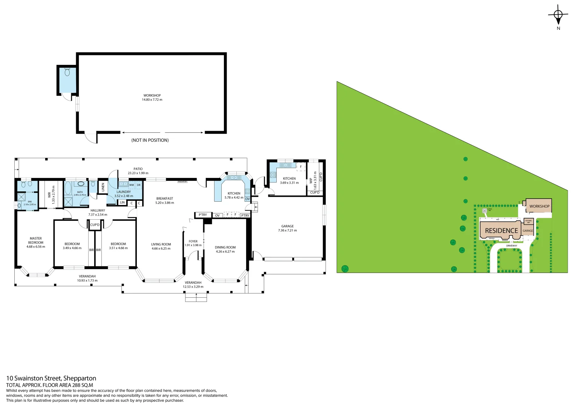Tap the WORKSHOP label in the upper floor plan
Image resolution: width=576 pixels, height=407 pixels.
pyautogui.click(x=152, y=96)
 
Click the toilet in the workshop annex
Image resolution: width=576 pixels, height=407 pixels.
pyautogui.click(x=67, y=72)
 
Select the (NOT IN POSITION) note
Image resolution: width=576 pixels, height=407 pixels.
pyautogui.click(x=150, y=140)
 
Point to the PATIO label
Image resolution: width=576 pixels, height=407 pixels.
pyautogui.click(x=138, y=169)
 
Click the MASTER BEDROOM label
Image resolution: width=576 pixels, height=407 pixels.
pyautogui.click(x=36, y=240)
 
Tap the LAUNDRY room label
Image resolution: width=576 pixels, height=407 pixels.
pyautogui.click(x=124, y=192)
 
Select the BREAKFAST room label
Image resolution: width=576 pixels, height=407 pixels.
pyautogui.click(x=165, y=199)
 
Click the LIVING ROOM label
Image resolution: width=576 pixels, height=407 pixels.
pyautogui.click(x=161, y=245)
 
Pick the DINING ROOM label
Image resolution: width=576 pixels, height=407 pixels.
pyautogui.click(x=225, y=248)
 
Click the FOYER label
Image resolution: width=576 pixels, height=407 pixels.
pyautogui.click(x=193, y=242)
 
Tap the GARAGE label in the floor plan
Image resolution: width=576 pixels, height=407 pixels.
pyautogui.click(x=287, y=226)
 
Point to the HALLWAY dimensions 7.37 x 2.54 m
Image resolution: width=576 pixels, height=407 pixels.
pyautogui.click(x=98, y=215)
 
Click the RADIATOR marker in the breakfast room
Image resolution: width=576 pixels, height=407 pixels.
pyautogui.click(x=182, y=182)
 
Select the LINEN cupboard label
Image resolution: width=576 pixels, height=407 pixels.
pyautogui.click(x=103, y=187)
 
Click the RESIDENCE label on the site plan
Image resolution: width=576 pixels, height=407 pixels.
pyautogui.click(x=501, y=231)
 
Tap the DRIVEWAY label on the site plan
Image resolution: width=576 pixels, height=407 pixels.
pyautogui.click(x=512, y=246)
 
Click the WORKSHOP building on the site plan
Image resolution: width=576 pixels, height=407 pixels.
pyautogui.click(x=539, y=206)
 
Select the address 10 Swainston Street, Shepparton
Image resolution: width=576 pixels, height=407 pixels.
pyautogui.click(x=51, y=378)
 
